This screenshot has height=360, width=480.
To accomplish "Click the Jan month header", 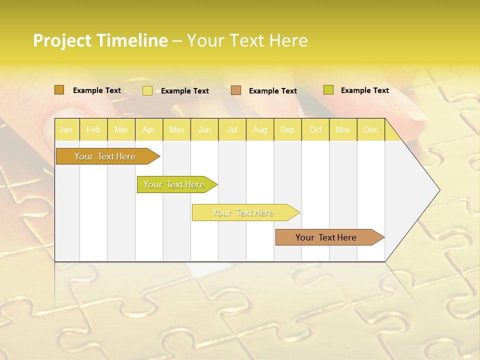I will pos(66,130).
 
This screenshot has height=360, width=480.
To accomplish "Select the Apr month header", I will pos(149,130).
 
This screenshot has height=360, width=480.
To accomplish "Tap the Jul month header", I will pos(232,130).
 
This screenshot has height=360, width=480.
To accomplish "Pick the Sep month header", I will pos(287,130).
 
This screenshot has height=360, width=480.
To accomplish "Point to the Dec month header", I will pos(370,130).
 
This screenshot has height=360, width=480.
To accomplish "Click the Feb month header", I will pos(93,130).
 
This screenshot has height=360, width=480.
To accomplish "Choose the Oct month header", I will pos(315,130).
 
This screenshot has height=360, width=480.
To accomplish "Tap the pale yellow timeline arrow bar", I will pos(243,212).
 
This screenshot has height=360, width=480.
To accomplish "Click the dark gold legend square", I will pos(59,90).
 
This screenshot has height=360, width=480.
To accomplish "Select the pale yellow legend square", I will pos(147,90).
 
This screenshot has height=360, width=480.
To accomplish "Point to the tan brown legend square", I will pos(236,90).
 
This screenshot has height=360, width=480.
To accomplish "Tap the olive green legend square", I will pos(328,90).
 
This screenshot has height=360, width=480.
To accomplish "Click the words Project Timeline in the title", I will pos(100,40).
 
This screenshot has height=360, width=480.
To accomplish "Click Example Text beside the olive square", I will pos(364,90).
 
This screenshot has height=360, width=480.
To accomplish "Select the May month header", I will pos(176,130).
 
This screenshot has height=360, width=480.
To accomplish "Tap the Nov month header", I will pos(343,130).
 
